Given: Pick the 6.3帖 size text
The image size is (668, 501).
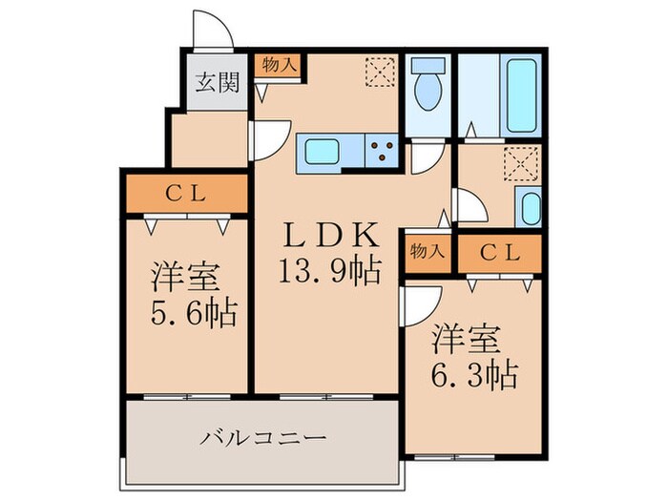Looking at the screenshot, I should [473, 372].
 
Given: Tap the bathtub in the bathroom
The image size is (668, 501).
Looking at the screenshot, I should [523, 96].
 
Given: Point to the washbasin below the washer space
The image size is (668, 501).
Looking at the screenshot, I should [529, 206].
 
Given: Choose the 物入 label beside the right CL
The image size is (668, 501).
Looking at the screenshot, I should [427, 253].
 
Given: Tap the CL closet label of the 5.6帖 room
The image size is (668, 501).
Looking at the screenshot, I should [186, 193].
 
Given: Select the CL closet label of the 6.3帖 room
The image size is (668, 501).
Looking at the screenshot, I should [497, 253].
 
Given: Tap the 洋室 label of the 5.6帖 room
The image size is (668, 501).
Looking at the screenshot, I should [185, 278].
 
